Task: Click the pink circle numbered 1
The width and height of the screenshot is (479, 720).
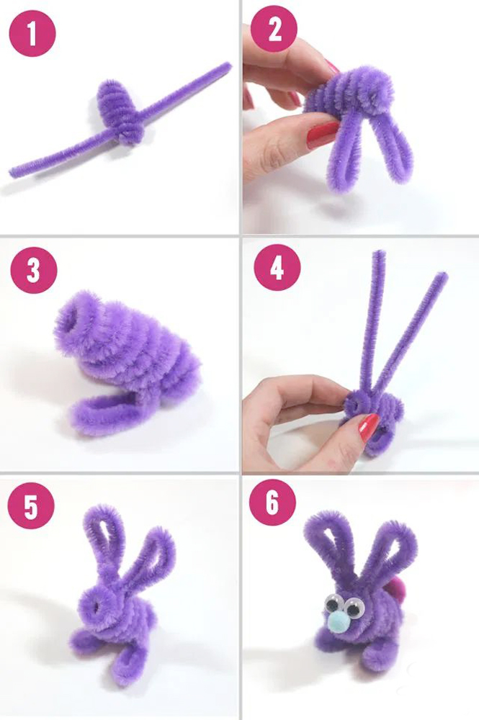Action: (32, 34)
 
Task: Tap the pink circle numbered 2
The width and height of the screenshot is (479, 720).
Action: (274, 29)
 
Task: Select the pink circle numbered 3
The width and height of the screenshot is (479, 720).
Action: (34, 270)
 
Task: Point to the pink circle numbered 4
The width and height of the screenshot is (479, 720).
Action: (277, 267)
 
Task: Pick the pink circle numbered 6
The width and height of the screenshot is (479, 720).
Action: (272, 503)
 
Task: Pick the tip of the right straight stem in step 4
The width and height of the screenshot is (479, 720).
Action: (443, 275)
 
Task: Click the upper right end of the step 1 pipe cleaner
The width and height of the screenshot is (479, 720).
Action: (226, 66)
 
